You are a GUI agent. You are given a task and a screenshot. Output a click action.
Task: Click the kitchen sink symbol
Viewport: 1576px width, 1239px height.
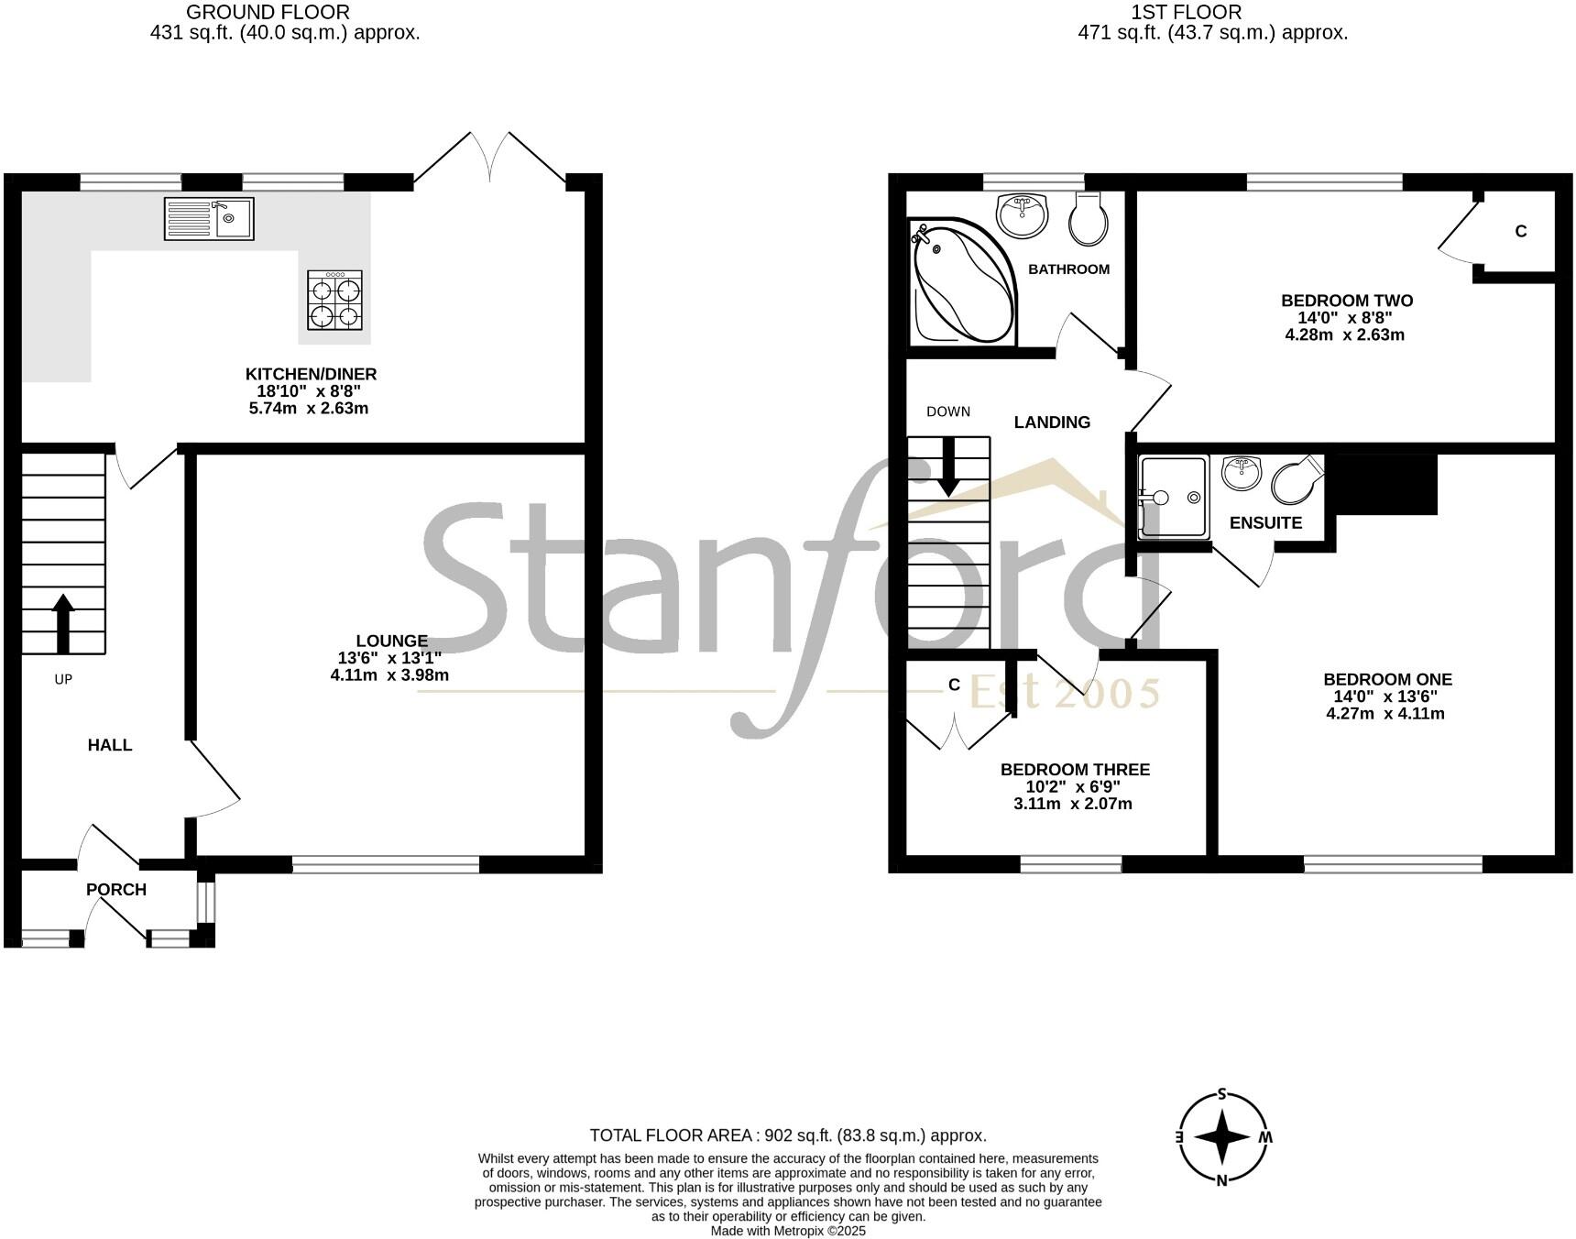209,219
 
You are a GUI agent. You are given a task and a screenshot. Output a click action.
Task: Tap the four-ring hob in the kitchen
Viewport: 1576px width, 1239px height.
334,301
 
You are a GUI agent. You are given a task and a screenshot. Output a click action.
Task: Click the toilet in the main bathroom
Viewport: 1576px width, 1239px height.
1089,219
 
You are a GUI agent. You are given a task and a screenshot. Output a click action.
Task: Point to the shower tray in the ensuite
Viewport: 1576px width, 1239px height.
1173,497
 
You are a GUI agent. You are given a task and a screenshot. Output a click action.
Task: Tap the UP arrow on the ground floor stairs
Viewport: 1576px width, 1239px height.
63,623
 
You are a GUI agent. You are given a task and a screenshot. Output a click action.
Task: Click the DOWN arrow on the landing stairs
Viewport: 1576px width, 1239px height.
948,466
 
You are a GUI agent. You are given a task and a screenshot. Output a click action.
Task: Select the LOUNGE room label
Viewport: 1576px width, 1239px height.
391,641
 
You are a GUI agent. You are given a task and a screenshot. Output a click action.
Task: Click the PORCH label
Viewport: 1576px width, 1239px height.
116,889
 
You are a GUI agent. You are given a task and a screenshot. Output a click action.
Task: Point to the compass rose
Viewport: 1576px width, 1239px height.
1222,1137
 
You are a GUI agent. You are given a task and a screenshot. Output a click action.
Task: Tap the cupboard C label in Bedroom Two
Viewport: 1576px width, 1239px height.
1521,232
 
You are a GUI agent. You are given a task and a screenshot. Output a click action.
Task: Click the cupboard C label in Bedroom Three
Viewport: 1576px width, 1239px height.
954,685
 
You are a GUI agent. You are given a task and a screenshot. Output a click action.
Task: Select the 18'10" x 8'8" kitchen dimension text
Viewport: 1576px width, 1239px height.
311,391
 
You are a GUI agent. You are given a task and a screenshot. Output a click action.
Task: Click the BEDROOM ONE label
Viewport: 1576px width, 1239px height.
1387,679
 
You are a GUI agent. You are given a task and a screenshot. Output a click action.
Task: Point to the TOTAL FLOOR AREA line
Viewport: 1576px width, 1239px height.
788,1135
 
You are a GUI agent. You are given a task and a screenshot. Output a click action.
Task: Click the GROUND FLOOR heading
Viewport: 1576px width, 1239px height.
268,12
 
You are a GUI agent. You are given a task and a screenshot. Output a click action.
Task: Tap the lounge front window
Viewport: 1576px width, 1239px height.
386,863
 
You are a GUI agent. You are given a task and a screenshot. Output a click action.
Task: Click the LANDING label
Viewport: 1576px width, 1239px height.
1052,422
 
